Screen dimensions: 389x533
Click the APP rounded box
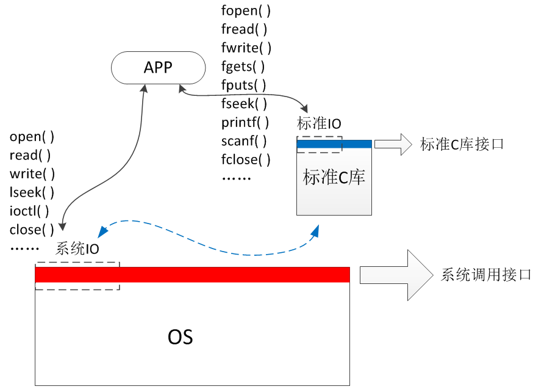(x=158, y=67)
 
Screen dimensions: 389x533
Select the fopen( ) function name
(x=246, y=10)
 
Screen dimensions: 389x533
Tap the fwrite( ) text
(x=246, y=48)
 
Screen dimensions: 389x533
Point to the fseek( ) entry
(x=244, y=104)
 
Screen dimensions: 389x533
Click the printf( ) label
(x=245, y=123)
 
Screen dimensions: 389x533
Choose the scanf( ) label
(x=244, y=142)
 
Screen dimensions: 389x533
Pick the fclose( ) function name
(x=246, y=160)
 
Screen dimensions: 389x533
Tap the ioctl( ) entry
(x=29, y=211)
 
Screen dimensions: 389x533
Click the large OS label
(x=181, y=337)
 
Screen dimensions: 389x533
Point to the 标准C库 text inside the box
(x=334, y=178)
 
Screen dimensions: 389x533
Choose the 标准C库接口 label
(x=462, y=145)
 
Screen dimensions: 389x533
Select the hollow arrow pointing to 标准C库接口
(x=393, y=144)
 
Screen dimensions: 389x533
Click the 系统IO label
(x=77, y=249)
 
